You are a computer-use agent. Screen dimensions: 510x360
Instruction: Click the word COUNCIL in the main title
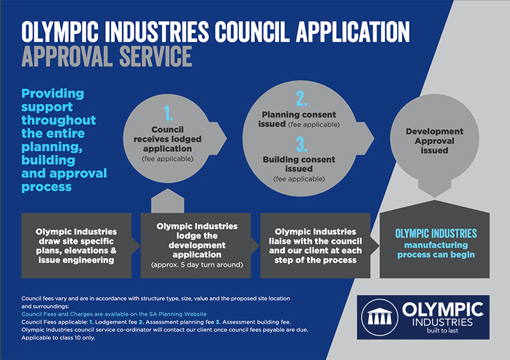coord(252,32)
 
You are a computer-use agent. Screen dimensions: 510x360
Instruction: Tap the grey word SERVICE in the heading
coord(156,56)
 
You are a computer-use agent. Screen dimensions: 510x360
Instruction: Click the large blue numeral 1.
coord(168,113)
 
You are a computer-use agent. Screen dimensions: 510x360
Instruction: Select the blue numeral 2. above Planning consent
coord(302,98)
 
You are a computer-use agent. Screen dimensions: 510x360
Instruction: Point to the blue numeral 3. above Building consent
coord(302,145)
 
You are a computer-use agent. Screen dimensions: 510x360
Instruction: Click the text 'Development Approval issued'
coord(434,141)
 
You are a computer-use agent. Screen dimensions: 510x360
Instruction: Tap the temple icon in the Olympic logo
coord(380,316)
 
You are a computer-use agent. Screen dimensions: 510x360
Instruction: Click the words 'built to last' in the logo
coord(442,331)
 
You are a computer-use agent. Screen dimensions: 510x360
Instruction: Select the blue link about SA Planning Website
coord(114,314)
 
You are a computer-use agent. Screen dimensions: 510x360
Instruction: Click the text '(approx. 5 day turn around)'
coord(197,265)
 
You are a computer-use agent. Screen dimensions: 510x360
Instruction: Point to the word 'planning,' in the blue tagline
coord(52,148)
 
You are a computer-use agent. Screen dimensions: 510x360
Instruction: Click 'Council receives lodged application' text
coord(167,139)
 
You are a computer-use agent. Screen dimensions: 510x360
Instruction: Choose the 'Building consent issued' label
coord(299,164)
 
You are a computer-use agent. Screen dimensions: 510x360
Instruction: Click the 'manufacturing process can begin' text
coord(436,250)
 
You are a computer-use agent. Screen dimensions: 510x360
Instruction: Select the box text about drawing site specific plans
coord(76,246)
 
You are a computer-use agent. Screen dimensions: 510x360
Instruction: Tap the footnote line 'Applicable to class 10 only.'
coord(58,338)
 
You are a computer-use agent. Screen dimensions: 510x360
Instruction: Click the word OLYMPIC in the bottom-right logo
coord(443,309)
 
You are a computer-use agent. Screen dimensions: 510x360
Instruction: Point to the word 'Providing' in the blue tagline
coord(53,94)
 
